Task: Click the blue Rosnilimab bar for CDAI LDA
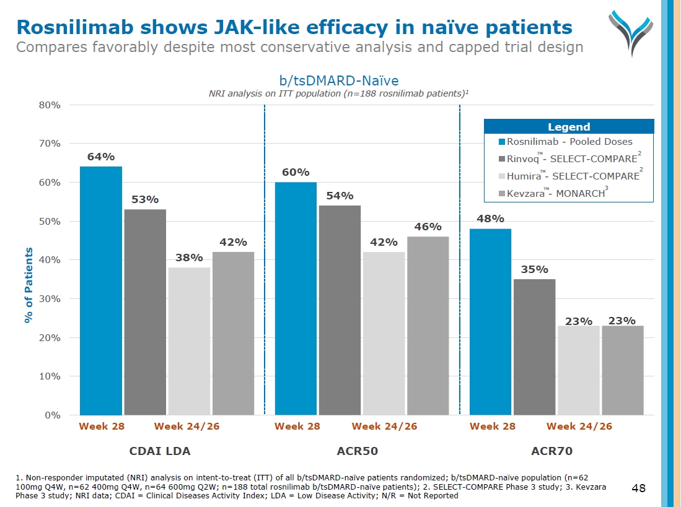[101, 290]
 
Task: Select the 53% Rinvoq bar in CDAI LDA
[145, 312]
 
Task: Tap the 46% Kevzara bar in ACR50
[428, 326]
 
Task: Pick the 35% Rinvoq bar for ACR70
[534, 347]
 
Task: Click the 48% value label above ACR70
[490, 219]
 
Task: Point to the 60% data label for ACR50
[296, 172]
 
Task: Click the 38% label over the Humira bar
[189, 257]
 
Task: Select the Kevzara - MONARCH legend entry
[555, 193]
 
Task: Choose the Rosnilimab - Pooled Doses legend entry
[565, 142]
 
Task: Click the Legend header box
[568, 127]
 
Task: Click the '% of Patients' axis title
[29, 285]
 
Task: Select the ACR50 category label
[357, 451]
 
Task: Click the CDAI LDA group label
[160, 451]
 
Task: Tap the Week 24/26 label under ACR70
[579, 427]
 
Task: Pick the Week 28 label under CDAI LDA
[102, 427]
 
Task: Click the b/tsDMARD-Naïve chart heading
[338, 80]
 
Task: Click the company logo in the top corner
[630, 31]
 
